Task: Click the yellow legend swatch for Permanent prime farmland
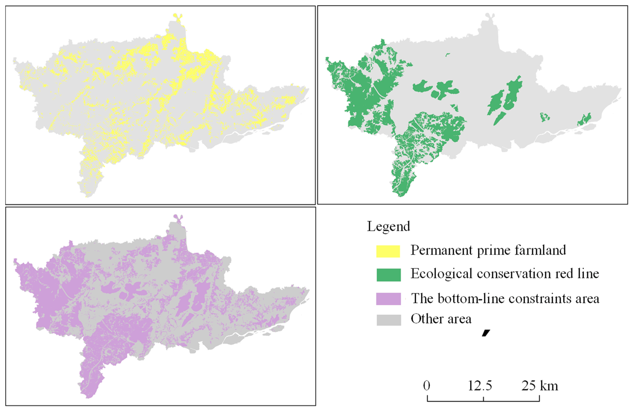[x=388, y=251]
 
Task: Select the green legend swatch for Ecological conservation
[x=388, y=275]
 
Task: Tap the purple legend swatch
[x=388, y=299]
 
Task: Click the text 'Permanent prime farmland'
[x=488, y=250]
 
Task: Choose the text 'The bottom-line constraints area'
[x=505, y=298]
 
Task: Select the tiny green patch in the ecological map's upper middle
[x=448, y=55]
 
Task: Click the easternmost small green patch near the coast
[x=585, y=119]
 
